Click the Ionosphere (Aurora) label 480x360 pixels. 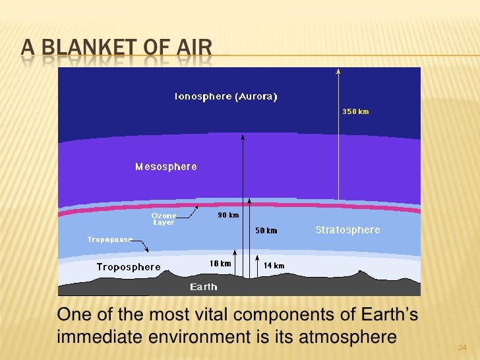pyautogui.click(x=225, y=96)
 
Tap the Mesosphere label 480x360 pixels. pyautogui.click(x=166, y=167)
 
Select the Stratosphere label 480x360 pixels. pyautogui.click(x=347, y=230)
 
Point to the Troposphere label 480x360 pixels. pyautogui.click(x=129, y=267)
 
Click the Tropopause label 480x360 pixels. pyautogui.click(x=110, y=239)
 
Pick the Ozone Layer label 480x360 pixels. pyautogui.click(x=164, y=219)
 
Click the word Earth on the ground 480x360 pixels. pyautogui.click(x=204, y=287)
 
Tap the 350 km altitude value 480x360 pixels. pyautogui.click(x=355, y=112)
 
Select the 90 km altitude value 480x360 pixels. pyautogui.click(x=228, y=216)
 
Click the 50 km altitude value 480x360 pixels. pyautogui.click(x=266, y=231)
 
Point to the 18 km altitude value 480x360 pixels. pyautogui.click(x=220, y=264)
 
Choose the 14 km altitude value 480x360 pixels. pyautogui.click(x=274, y=266)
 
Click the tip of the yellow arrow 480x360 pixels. pyautogui.click(x=338, y=70)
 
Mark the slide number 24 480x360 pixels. pyautogui.click(x=462, y=347)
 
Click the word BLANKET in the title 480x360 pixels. pyautogui.click(x=102, y=48)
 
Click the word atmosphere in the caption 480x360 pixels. pyautogui.click(x=349, y=337)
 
